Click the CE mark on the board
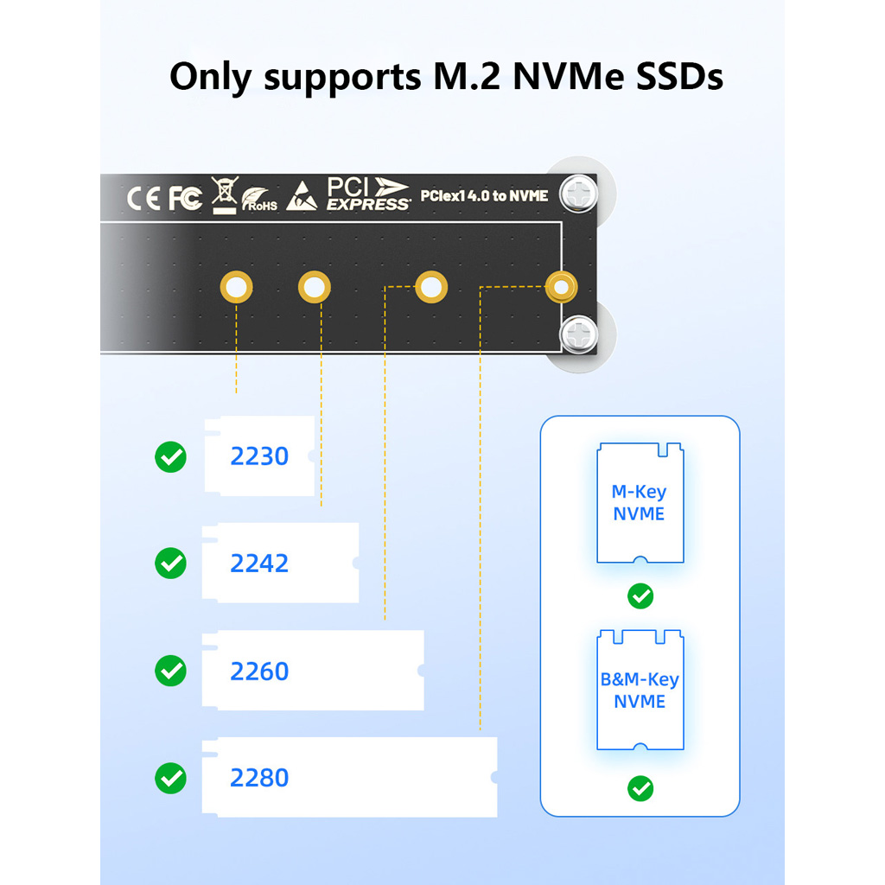pyautogui.click(x=143, y=198)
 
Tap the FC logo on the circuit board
pyautogui.click(x=186, y=198)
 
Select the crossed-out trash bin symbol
pyautogui.click(x=224, y=194)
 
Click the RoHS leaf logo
pyautogui.click(x=259, y=200)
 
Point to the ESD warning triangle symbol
pyautogui.click(x=302, y=196)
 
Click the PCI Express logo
pyautogui.click(x=368, y=194)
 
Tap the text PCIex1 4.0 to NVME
pyautogui.click(x=484, y=196)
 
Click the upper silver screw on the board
pyautogui.click(x=578, y=194)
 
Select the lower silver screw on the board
pyautogui.click(x=578, y=335)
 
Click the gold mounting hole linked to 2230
pyautogui.click(x=237, y=287)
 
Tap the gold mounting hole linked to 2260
pyautogui.click(x=431, y=287)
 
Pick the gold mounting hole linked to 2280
pyautogui.click(x=561, y=287)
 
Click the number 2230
pyautogui.click(x=259, y=456)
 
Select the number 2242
pyautogui.click(x=259, y=563)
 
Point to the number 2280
pyautogui.click(x=259, y=778)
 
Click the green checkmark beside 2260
pyautogui.click(x=170, y=671)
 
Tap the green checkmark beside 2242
pyautogui.click(x=170, y=563)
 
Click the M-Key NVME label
pyautogui.click(x=640, y=502)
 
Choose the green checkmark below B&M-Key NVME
pyautogui.click(x=640, y=788)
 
